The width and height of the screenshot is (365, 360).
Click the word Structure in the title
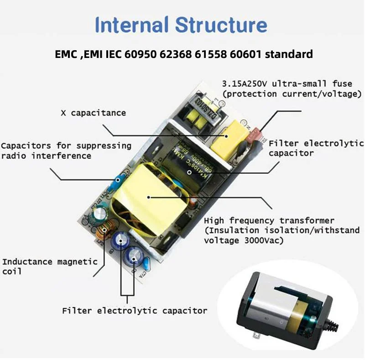pos(221,25)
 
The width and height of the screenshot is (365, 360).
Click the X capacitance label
pos(93,113)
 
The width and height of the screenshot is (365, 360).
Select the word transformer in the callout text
pos(308,220)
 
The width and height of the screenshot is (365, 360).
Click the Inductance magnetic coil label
pos(50,266)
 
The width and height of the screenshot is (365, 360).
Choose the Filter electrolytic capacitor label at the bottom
pos(135,311)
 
